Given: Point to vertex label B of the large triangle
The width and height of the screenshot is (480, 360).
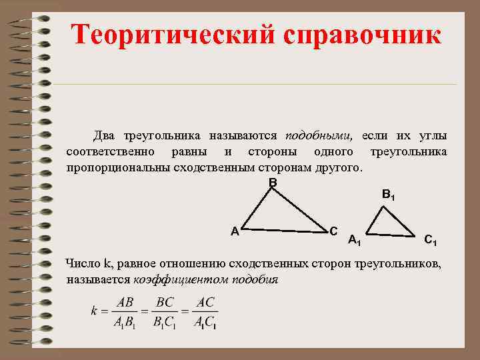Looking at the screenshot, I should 273,182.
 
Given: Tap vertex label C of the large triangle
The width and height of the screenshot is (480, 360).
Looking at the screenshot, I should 333,230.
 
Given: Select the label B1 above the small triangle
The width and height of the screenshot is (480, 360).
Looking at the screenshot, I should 389,195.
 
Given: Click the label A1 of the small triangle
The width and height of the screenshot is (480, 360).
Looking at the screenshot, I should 355,241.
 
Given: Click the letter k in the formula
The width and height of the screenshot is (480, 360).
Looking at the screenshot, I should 94,311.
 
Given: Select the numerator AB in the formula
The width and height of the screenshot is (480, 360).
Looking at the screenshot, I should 125,302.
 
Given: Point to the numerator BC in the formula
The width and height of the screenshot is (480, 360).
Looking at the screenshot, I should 165,302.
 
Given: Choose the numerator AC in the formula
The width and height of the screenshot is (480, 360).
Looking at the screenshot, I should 205,302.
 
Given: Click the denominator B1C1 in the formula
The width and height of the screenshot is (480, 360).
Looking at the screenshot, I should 165,322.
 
